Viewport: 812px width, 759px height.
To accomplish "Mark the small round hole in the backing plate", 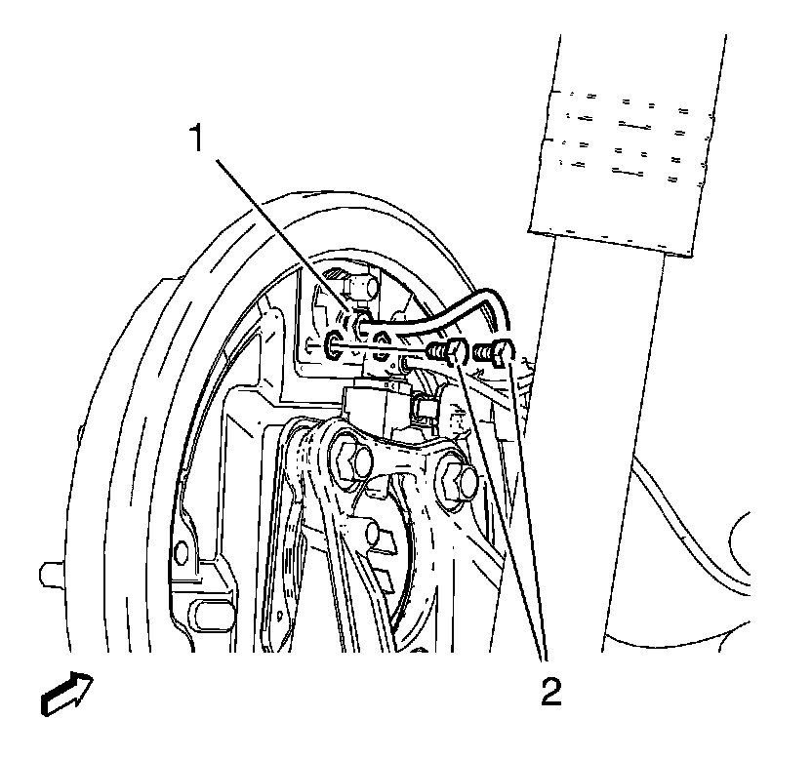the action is [179, 553].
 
